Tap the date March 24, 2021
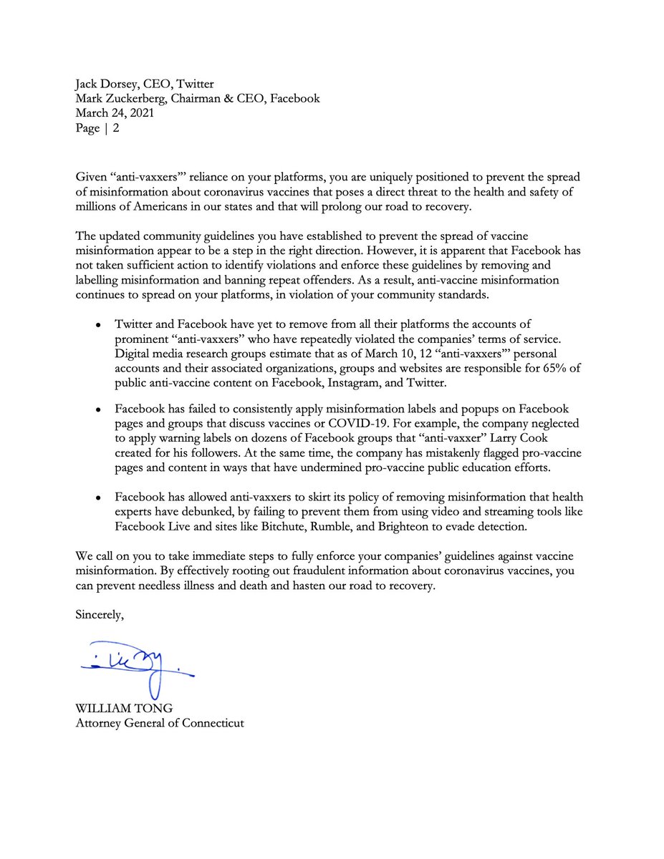pos(113,113)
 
